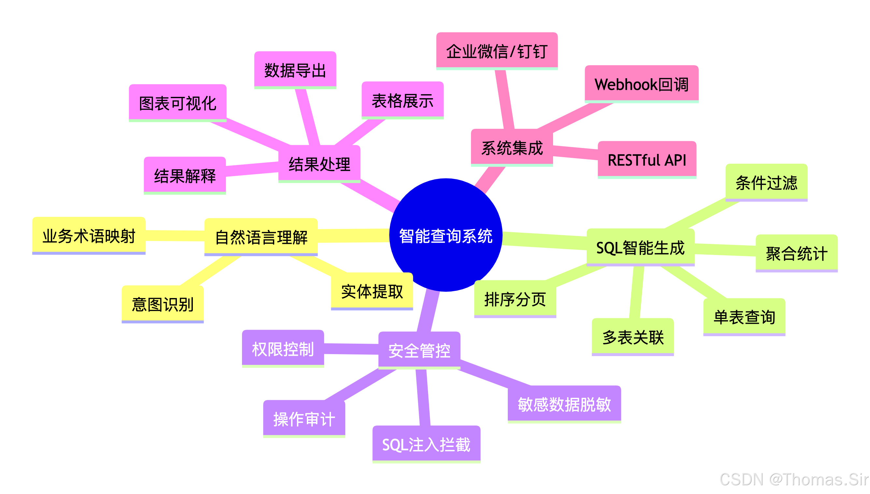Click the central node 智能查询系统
[x=445, y=235]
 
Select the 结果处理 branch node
[x=319, y=164]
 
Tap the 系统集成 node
[x=512, y=148]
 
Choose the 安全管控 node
[x=419, y=350]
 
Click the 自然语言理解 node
[x=261, y=236]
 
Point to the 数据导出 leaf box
[x=295, y=70]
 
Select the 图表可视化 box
[x=177, y=103]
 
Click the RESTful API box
[x=646, y=159]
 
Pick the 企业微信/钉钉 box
[x=496, y=51]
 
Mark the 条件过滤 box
[x=766, y=182]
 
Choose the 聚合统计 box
[x=796, y=253]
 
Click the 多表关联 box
[x=633, y=337]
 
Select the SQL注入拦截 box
[x=426, y=444]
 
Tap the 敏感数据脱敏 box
[x=564, y=404]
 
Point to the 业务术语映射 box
[x=89, y=235]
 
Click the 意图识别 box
[x=162, y=304]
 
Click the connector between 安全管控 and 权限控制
[x=351, y=349]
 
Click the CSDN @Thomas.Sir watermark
[x=793, y=479]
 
